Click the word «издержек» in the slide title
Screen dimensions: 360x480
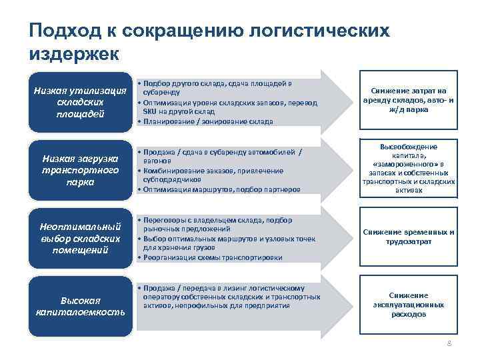pyautogui.click(x=73, y=53)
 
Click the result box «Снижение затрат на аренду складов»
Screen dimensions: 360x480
pyautogui.click(x=409, y=100)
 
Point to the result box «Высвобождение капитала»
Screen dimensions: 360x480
pyautogui.click(x=409, y=168)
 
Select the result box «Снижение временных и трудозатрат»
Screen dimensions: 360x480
pyautogui.click(x=409, y=237)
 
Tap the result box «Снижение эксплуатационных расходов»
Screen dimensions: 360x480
pyautogui.click(x=409, y=304)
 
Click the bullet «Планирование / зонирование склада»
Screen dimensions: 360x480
pyautogui.click(x=207, y=121)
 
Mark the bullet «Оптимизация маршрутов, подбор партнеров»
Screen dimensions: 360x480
pyautogui.click(x=220, y=189)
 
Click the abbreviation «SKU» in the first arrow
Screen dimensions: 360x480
pyautogui.click(x=150, y=112)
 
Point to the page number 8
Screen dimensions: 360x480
pyautogui.click(x=449, y=343)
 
